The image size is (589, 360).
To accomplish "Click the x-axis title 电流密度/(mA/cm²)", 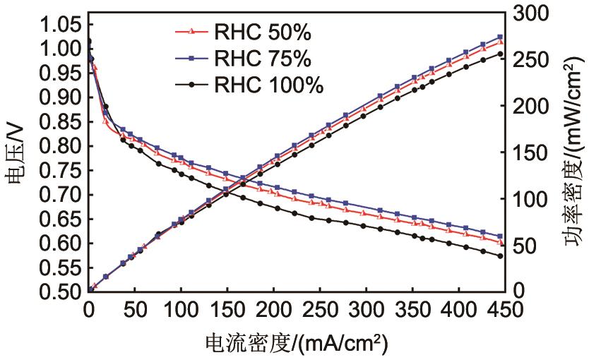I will pyautogui.click(x=296, y=344).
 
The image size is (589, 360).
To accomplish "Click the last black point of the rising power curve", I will pyautogui.click(x=501, y=54).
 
